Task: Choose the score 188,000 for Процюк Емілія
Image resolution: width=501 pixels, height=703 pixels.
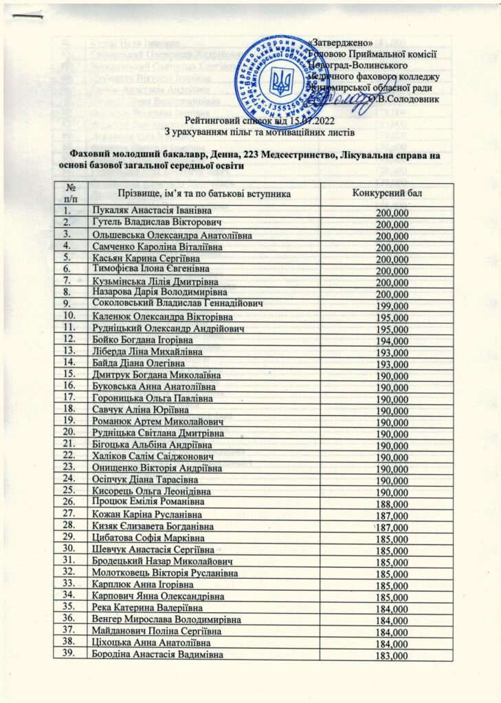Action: pos(392,503)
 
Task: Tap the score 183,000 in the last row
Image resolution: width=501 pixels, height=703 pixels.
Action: pos(392,656)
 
